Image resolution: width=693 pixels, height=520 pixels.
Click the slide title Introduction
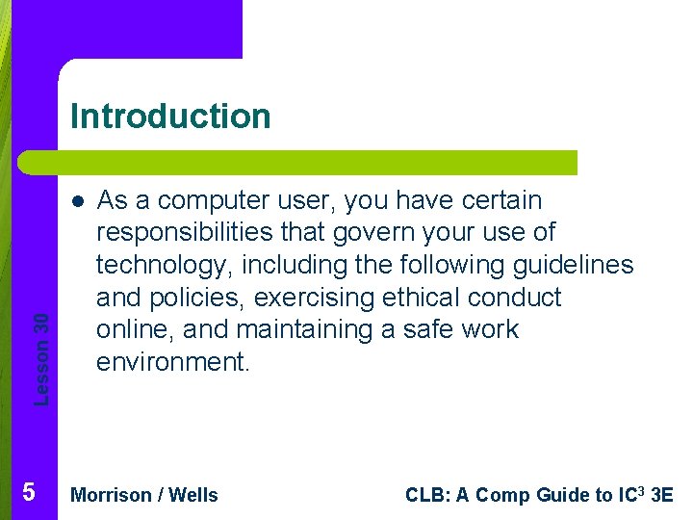(x=170, y=117)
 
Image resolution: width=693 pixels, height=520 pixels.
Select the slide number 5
(x=28, y=493)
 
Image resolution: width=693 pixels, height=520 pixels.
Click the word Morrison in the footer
(x=111, y=495)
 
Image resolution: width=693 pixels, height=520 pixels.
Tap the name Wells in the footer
(x=193, y=495)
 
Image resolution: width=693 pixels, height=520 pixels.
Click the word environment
(x=172, y=362)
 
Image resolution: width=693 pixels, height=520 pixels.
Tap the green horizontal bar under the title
(x=298, y=163)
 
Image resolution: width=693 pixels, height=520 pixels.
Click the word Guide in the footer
(x=562, y=495)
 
